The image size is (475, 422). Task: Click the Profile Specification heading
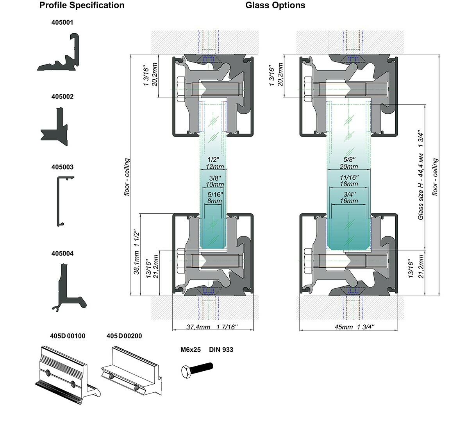(x=82, y=5)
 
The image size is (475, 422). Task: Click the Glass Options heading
(x=275, y=5)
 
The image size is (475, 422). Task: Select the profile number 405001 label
(x=62, y=23)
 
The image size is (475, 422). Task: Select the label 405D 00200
(x=124, y=336)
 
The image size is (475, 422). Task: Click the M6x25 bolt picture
(x=197, y=369)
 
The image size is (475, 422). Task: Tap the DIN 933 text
(x=221, y=350)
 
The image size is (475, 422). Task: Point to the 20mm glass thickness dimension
(x=349, y=167)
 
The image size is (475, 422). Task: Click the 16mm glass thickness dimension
(x=349, y=201)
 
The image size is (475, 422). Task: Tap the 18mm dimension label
(x=349, y=184)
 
